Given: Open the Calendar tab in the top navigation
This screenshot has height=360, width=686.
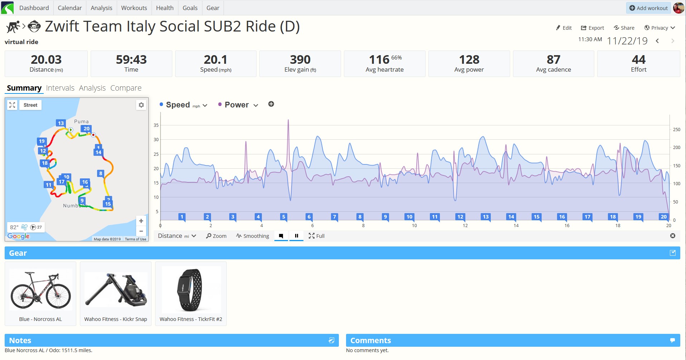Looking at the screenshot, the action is (x=69, y=8).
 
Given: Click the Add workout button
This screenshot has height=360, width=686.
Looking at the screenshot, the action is (x=648, y=8).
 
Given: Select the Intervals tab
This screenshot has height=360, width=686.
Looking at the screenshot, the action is (x=60, y=88).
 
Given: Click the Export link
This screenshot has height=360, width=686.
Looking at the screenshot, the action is (x=593, y=28).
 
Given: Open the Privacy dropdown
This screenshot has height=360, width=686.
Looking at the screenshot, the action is (x=659, y=28).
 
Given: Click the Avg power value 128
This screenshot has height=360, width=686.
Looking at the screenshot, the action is (x=469, y=59).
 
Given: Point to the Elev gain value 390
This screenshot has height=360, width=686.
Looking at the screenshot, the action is (x=300, y=59).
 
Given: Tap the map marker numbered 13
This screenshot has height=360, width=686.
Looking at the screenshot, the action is (x=61, y=123).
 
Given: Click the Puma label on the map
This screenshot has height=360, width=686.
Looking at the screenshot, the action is (x=81, y=121).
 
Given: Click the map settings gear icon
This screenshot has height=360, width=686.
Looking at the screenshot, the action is (x=141, y=105).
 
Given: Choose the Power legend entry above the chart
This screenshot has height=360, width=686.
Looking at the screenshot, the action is (x=237, y=105).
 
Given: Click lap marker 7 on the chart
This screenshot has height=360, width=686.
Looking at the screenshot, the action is (x=335, y=217).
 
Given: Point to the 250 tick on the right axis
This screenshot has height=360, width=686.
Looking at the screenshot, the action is (x=677, y=130).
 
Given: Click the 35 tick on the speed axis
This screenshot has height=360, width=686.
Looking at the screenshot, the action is (x=156, y=125).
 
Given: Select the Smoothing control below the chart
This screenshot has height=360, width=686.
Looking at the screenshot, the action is (x=253, y=236).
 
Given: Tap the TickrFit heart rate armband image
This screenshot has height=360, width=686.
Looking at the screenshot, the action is (x=191, y=290).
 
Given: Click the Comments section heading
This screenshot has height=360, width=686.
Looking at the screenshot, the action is (x=370, y=340).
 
